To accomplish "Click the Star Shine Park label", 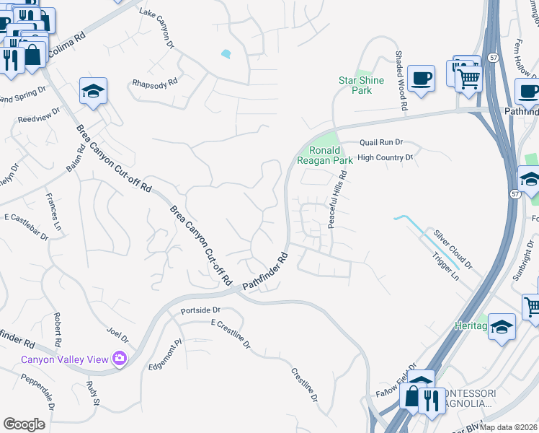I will (355, 85).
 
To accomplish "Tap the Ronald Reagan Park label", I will (330, 155).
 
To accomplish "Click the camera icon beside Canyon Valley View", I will (120, 359).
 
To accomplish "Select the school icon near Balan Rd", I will (93, 91).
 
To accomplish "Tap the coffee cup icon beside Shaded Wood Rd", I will (421, 77).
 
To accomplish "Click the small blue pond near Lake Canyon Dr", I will (227, 53).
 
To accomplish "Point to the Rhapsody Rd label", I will (155, 83).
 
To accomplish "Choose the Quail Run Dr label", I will (380, 143).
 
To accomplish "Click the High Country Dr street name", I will (385, 157).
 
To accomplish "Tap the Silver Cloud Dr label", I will (453, 250).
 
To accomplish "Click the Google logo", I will (24, 424).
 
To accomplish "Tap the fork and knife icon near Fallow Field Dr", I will (431, 398).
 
